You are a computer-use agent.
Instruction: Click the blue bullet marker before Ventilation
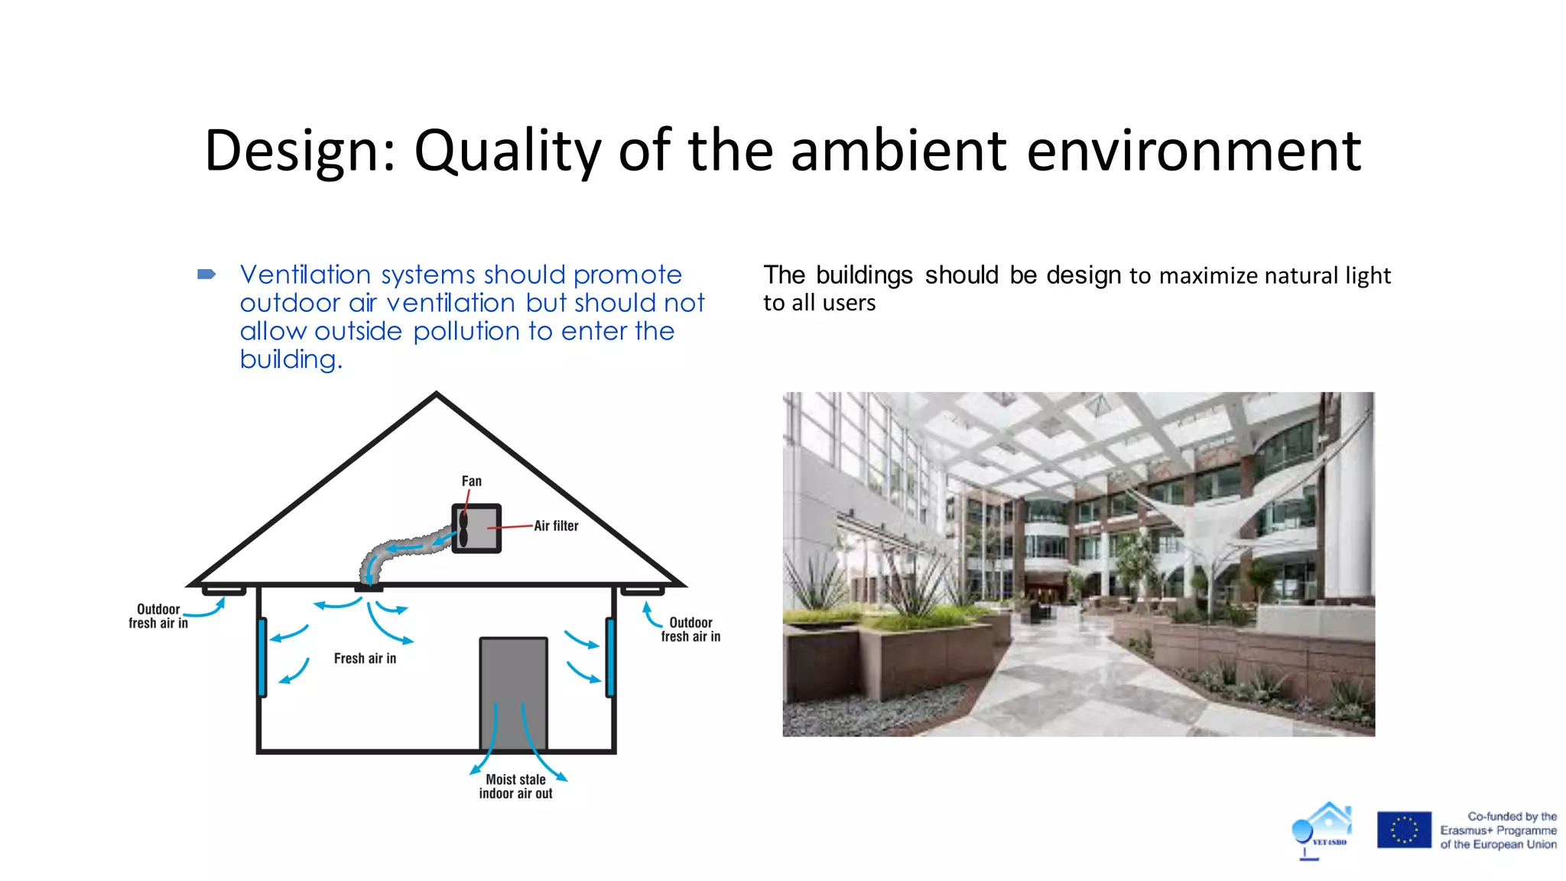click(x=206, y=274)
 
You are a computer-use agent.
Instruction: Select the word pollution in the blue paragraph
click(x=466, y=331)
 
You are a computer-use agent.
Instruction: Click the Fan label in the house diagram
click(x=471, y=481)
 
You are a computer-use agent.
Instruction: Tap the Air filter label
click(x=556, y=526)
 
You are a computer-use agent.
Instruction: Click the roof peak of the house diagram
click(x=436, y=395)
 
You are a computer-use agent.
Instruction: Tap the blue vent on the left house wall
click(x=262, y=657)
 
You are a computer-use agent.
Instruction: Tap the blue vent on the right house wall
click(x=609, y=657)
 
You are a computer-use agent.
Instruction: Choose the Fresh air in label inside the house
click(x=365, y=658)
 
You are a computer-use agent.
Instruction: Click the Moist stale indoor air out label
click(x=515, y=786)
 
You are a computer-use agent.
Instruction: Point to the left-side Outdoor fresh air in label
click(x=158, y=616)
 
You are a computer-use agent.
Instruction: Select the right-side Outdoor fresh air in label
click(x=690, y=629)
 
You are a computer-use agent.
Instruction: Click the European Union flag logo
click(x=1404, y=830)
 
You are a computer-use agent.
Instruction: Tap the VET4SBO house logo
click(x=1322, y=830)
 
